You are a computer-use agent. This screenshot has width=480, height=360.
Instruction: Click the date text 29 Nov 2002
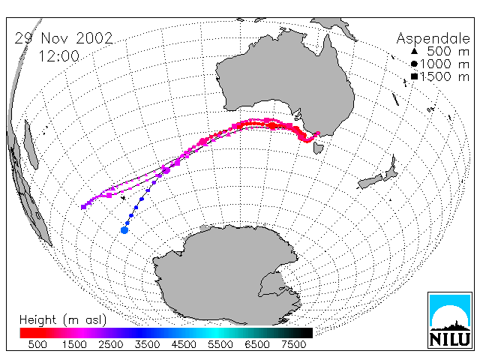(64, 38)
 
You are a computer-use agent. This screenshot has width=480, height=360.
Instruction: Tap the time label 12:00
(59, 56)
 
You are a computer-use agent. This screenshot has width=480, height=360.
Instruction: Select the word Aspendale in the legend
(433, 39)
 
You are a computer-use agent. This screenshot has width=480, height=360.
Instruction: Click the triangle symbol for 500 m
(414, 51)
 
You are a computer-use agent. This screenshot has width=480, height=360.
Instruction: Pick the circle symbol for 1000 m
(414, 64)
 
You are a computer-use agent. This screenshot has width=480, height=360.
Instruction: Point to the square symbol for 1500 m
(414, 76)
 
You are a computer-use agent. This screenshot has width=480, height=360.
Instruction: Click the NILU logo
(450, 320)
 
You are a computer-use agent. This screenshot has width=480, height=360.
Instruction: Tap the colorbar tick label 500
(37, 345)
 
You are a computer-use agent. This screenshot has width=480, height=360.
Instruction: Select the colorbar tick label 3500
(147, 345)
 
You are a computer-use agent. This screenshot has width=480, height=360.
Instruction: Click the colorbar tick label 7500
(293, 345)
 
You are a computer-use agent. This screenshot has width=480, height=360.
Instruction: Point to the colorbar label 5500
(220, 345)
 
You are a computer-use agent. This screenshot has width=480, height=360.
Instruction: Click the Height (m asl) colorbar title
(63, 320)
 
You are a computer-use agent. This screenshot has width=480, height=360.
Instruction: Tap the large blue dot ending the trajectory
(124, 230)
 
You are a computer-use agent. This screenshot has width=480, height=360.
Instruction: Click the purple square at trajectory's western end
(83, 207)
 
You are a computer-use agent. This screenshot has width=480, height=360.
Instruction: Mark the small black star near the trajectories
(123, 198)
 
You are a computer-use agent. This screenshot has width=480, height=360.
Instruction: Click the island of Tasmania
(318, 147)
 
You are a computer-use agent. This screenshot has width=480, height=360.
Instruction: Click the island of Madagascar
(31, 145)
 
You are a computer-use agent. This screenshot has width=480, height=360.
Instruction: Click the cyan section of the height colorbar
(216, 333)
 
